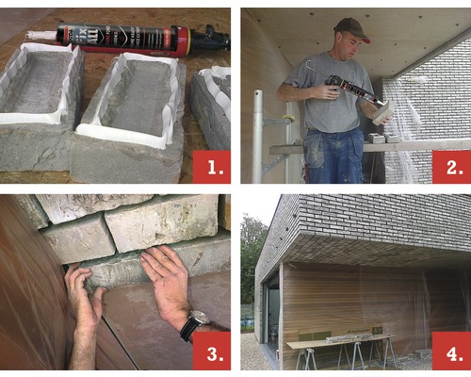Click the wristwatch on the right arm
pyautogui.click(x=193, y=325)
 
